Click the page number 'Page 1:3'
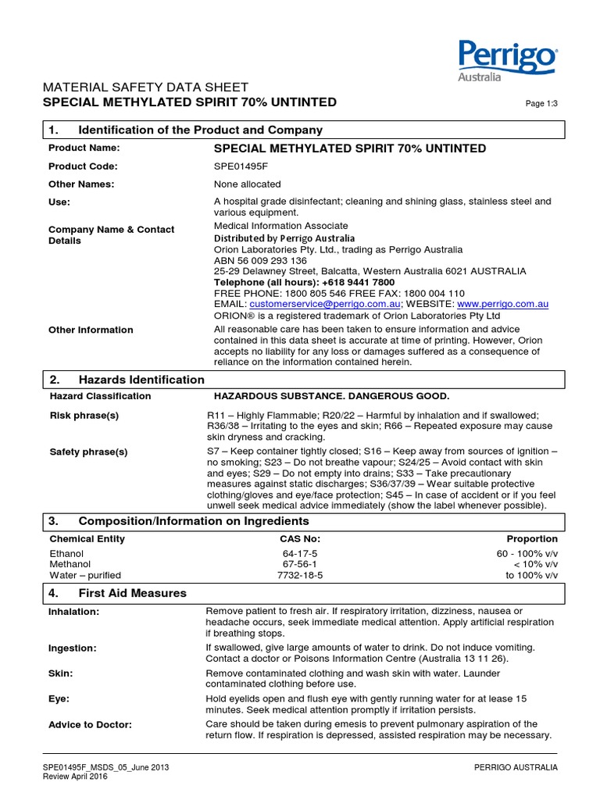click(x=538, y=104)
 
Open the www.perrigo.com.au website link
click(x=502, y=304)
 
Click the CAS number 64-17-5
click(x=300, y=552)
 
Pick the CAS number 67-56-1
click(x=300, y=563)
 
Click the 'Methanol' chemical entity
click(x=70, y=563)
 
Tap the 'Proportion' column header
click(x=532, y=538)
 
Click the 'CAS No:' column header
click(x=300, y=538)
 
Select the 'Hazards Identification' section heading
click(x=141, y=380)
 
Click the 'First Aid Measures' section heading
click(x=132, y=593)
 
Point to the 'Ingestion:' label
click(x=72, y=648)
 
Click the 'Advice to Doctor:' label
click(x=90, y=724)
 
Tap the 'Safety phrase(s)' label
click(x=88, y=452)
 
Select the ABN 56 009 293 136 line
click(x=260, y=260)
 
